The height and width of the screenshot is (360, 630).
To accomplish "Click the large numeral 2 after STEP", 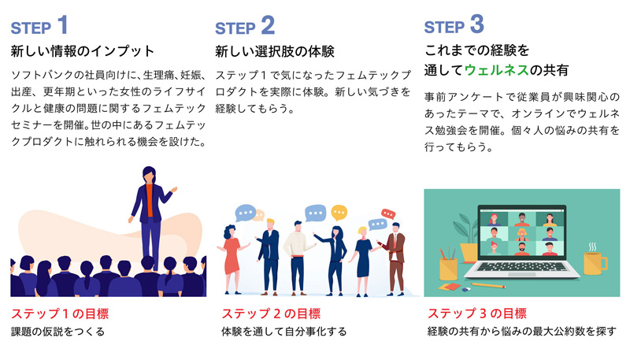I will (x=268, y=25).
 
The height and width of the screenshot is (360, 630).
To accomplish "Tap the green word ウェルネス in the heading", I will (x=497, y=70).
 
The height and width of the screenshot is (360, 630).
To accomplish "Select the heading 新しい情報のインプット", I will (x=83, y=51).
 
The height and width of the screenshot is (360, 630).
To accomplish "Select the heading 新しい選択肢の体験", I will (x=275, y=51).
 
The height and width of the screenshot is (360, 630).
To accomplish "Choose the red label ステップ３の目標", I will (x=476, y=313).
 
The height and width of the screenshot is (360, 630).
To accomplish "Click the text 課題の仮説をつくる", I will (x=58, y=332).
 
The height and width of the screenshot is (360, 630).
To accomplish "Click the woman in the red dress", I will (x=232, y=252).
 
